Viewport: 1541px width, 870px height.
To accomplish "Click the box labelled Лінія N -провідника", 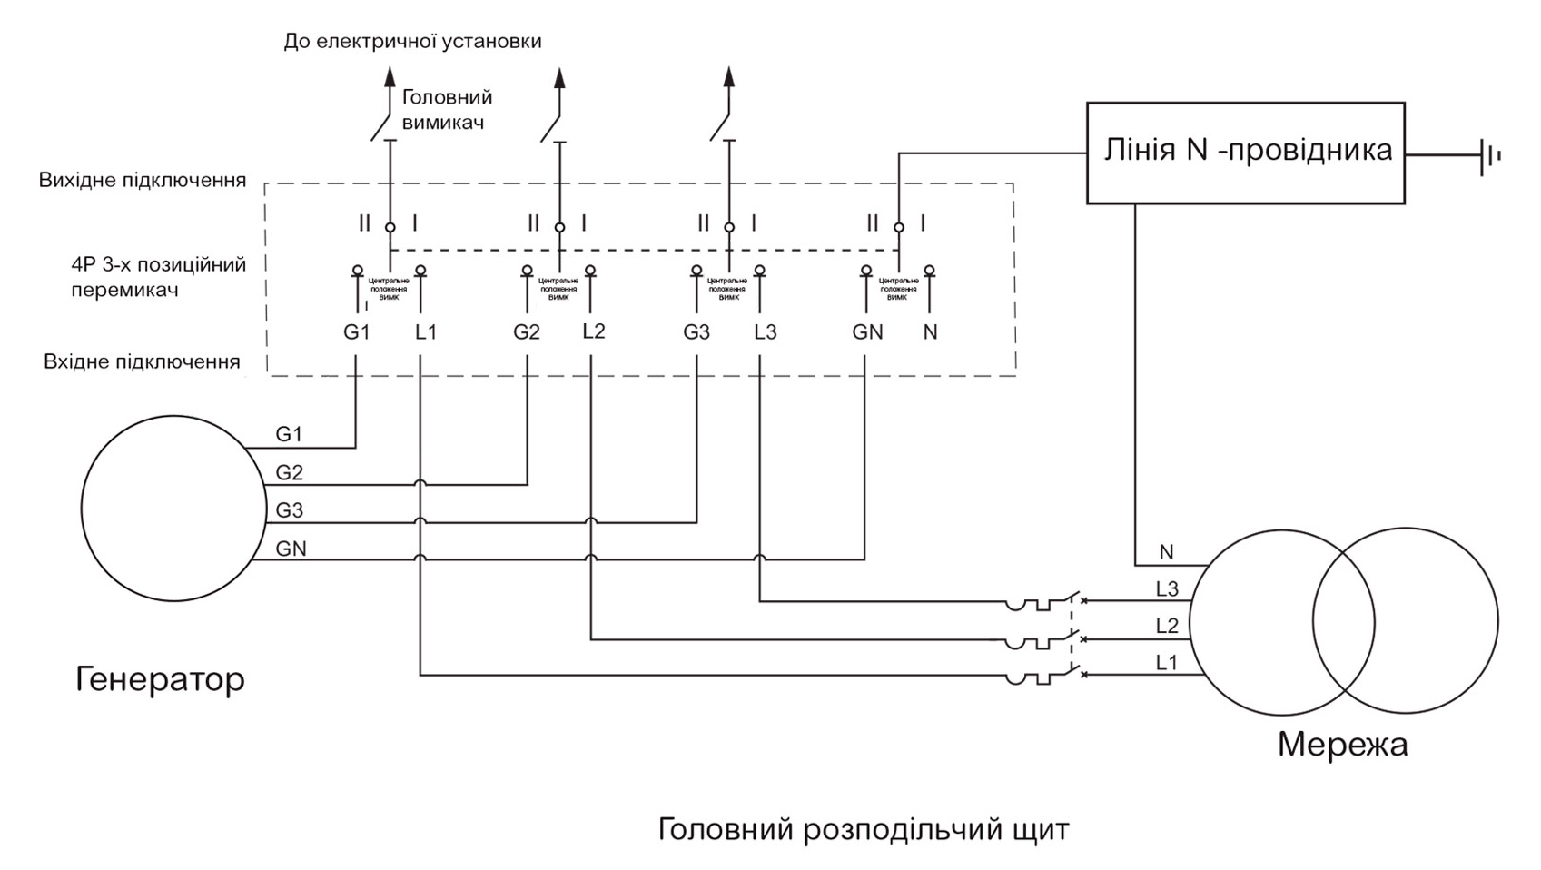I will tap(1245, 152).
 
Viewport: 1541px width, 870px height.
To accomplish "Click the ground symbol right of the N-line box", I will tap(1489, 155).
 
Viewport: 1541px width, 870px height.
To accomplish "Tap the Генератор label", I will tap(160, 678).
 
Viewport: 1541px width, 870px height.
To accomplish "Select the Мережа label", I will tap(1342, 745).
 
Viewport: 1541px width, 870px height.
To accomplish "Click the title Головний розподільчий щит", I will tap(863, 829).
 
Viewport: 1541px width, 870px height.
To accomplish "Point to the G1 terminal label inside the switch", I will tap(356, 332).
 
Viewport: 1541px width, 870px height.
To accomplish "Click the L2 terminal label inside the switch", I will tap(593, 331).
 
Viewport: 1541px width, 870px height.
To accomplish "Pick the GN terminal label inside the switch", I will tap(867, 332).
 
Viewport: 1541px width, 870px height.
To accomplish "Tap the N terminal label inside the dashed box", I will tap(930, 332).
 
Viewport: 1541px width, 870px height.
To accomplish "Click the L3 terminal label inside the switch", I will tap(766, 332).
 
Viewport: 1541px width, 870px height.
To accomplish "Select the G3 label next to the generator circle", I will tap(289, 510).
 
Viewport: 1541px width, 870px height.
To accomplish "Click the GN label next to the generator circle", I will tap(291, 549).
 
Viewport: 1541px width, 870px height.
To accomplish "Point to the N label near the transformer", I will tap(1166, 552).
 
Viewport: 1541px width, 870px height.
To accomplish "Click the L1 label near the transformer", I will tap(1166, 663).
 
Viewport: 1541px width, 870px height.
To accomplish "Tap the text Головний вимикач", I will tap(446, 109).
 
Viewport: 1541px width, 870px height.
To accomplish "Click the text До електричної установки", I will tap(412, 41).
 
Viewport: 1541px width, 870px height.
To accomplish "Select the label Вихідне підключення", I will tap(142, 180).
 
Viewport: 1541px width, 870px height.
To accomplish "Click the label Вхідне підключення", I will tap(142, 361).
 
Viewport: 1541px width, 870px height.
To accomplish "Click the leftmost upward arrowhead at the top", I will tap(390, 76).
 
